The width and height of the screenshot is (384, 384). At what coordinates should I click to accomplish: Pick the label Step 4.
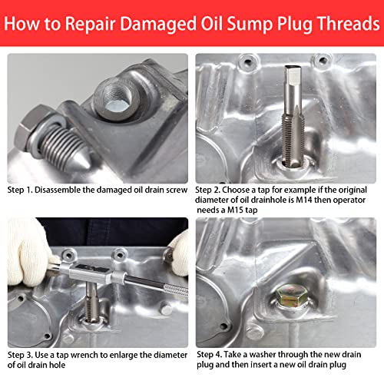(210, 355)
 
